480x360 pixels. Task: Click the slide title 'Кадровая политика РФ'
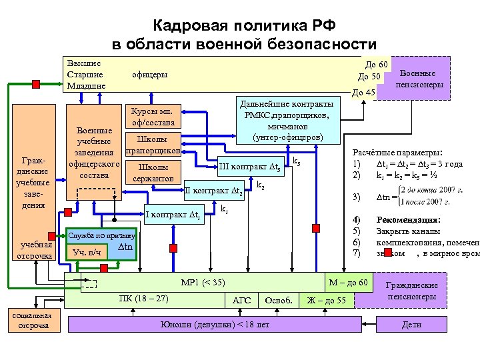tap(244, 26)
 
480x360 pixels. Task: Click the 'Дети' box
tap(412, 325)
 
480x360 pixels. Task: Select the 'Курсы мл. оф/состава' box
tap(153, 117)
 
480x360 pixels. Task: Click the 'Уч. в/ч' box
tap(87, 253)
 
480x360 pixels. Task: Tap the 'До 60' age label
tap(377, 64)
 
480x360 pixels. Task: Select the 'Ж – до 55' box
tap(326, 301)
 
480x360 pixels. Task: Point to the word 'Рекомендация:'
tap(407, 219)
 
